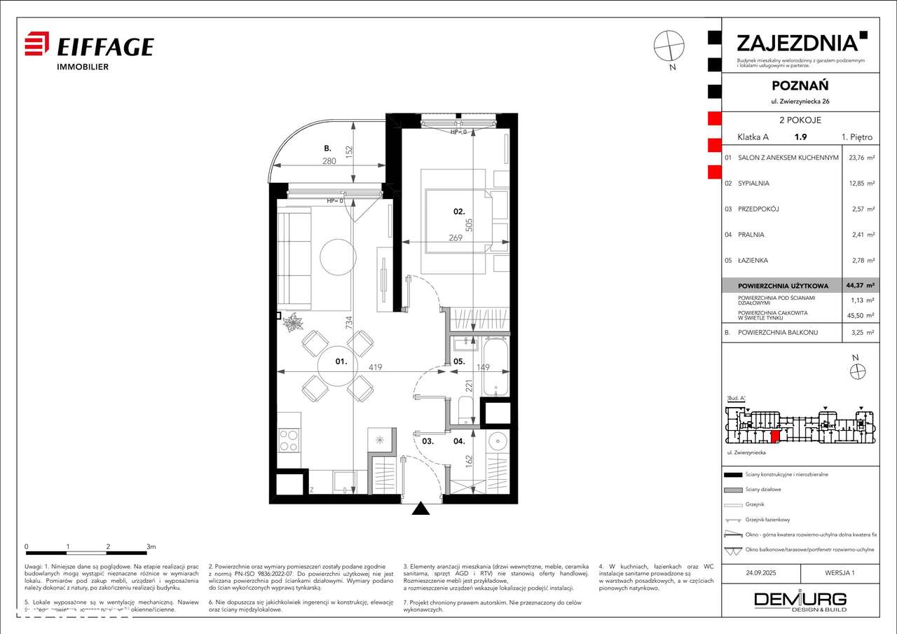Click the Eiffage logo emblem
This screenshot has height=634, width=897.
pos(37,44)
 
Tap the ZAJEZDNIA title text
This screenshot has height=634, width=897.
pos(797,43)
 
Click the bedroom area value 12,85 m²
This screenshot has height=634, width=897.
pos(861,184)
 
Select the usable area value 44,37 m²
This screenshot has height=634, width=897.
pos(861,286)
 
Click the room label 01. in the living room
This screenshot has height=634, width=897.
pos(341,361)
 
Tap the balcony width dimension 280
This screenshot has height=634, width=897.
pos(329,161)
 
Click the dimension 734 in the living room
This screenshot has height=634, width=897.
pos(348,323)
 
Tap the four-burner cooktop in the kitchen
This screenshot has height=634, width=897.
pos(289,439)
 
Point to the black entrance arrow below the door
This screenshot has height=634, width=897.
pos(420,509)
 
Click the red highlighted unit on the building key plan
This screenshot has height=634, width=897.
pos(775,438)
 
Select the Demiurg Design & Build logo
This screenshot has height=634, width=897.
pos(800,600)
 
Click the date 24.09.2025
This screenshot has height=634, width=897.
pos(762,572)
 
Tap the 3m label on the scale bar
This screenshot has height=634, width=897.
pos(151,546)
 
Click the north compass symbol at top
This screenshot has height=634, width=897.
pos(669,46)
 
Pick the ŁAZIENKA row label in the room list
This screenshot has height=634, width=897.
pos(753,261)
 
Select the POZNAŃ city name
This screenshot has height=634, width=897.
pos(800,85)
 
